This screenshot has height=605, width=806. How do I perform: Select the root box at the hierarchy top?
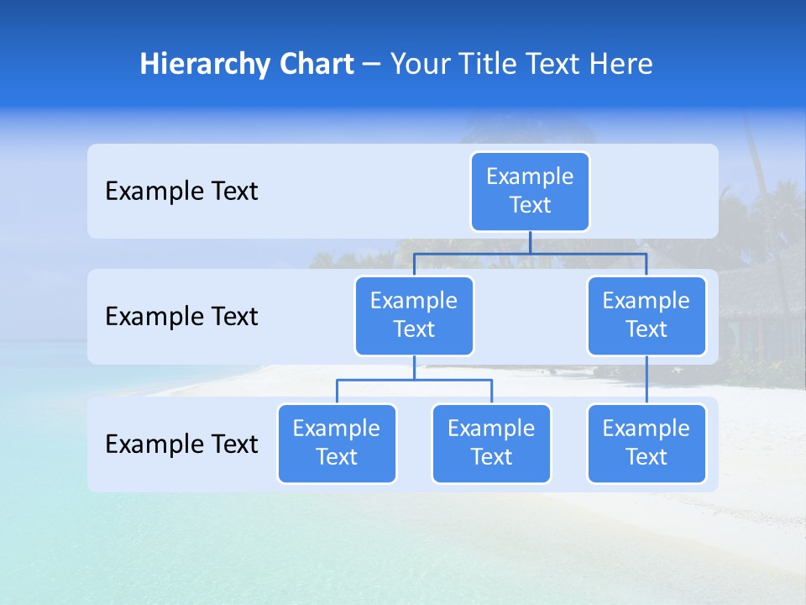point(530,192)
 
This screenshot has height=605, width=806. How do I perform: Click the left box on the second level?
point(414,316)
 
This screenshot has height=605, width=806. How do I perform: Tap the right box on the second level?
point(646,316)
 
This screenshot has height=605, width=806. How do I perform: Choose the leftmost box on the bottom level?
point(337,444)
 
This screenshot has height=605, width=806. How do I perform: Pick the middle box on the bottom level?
point(491,444)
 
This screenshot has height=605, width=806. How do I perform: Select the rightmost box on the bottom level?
point(646,444)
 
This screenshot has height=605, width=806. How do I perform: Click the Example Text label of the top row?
point(181,192)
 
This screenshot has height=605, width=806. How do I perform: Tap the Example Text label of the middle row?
point(181,317)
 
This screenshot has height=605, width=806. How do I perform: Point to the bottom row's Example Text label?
point(181,445)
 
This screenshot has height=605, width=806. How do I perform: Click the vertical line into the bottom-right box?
point(646,380)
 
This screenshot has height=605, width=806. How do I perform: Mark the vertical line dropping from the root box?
point(530,242)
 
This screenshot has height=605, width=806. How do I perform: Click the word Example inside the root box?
point(530,176)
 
